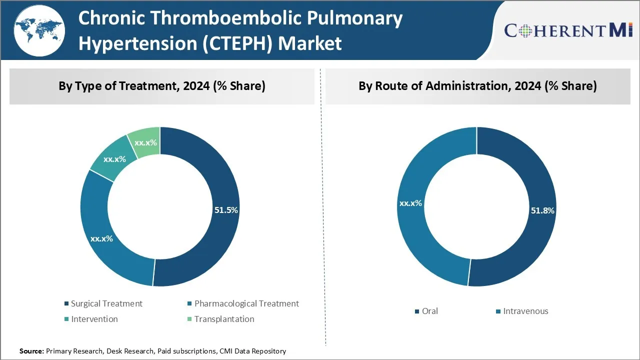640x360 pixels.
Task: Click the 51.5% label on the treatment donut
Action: tap(226, 210)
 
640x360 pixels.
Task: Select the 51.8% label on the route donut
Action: tap(542, 210)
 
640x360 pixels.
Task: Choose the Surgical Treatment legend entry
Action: tap(106, 303)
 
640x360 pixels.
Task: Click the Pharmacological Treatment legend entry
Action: tap(246, 303)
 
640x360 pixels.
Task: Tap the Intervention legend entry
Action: tap(94, 319)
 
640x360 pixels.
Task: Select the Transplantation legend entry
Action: tap(224, 319)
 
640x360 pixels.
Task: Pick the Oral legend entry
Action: tap(429, 311)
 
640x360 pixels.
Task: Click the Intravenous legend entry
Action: tap(525, 311)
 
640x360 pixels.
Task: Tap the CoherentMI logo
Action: tap(568, 31)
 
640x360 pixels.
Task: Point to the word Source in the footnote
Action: tap(31, 351)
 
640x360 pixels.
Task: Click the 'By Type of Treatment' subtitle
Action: tap(162, 86)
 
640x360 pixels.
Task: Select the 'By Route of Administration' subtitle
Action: tap(477, 86)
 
